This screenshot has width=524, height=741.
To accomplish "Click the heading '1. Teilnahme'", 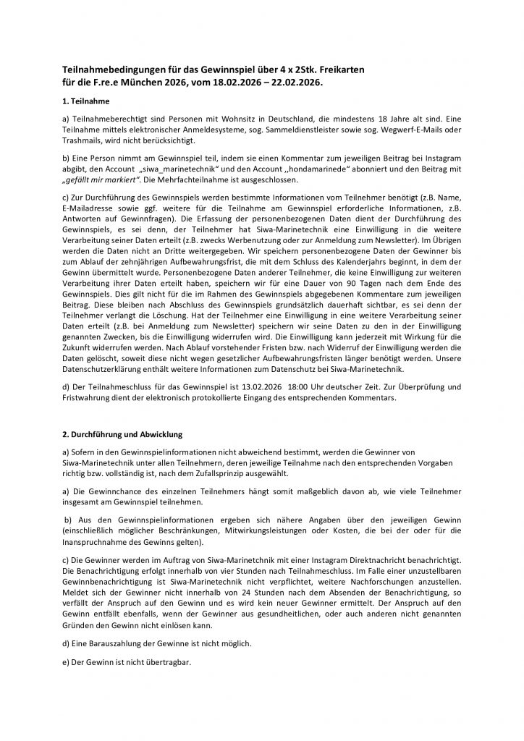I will pyautogui.click(x=87, y=102).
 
